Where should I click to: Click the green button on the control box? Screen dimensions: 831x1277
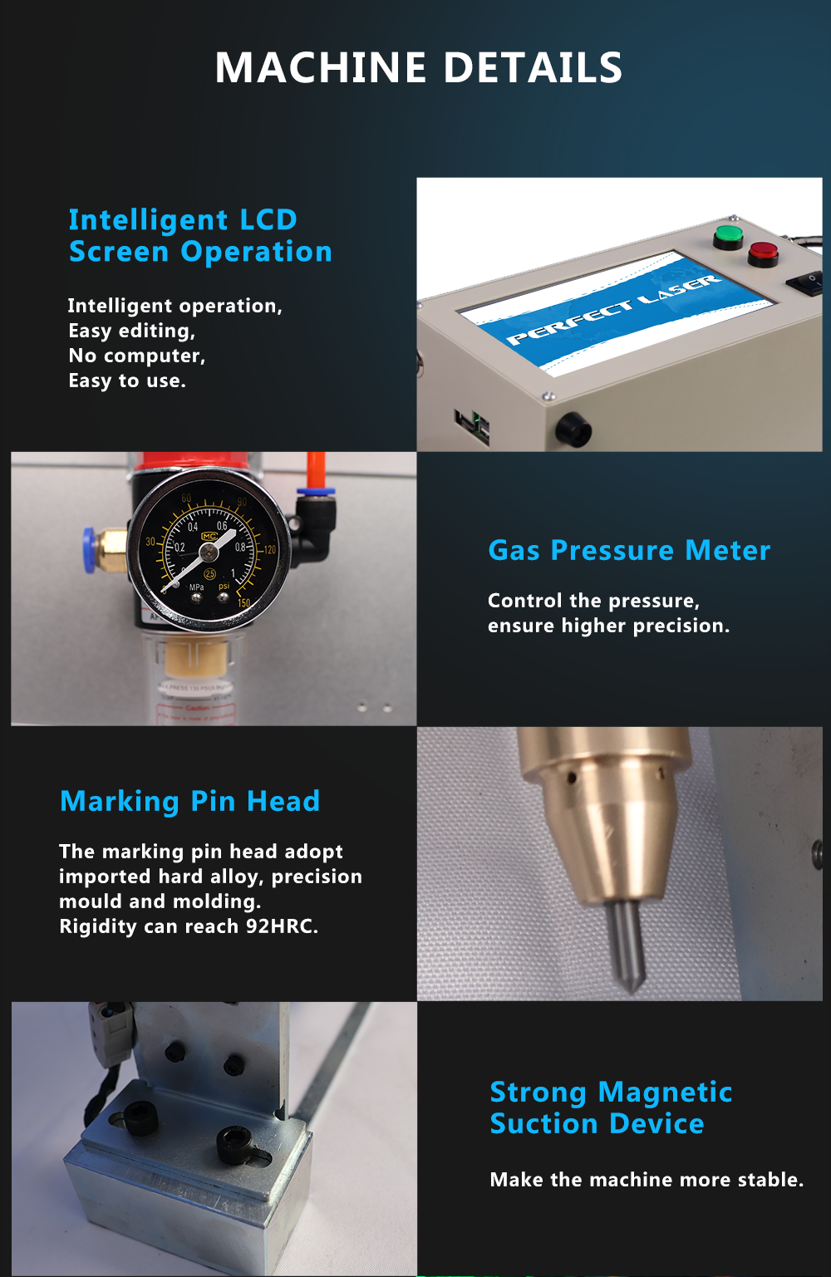click(728, 237)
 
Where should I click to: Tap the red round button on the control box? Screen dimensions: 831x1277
click(763, 254)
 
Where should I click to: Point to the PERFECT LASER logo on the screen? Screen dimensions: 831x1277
click(614, 310)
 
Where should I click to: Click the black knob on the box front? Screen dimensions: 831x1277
click(573, 430)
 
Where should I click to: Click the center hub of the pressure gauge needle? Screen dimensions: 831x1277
click(209, 552)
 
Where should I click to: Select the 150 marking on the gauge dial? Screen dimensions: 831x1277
click(243, 603)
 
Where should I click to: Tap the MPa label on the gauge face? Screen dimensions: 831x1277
click(197, 587)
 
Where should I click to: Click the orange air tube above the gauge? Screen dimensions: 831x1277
click(316, 470)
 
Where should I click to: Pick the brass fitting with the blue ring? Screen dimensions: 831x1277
click(105, 549)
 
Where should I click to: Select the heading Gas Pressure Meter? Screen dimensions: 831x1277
click(629, 551)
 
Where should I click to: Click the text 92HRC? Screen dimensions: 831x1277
click(282, 926)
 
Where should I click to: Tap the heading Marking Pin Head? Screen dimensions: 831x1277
click(190, 802)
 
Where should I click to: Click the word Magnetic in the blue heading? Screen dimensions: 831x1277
click(665, 1093)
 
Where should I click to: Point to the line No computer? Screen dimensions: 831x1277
click(137, 356)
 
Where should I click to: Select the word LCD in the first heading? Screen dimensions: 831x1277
click(268, 219)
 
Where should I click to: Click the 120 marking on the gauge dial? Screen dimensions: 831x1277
click(269, 550)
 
